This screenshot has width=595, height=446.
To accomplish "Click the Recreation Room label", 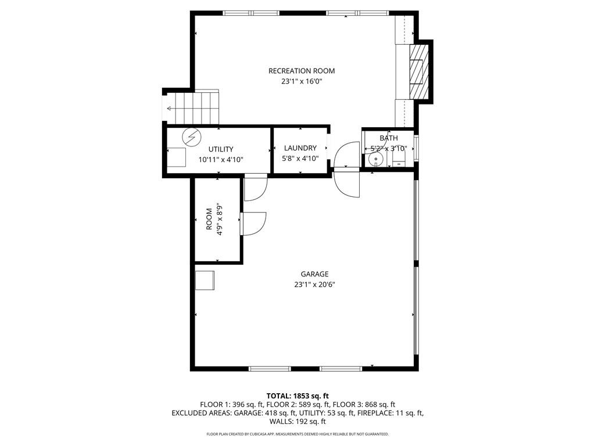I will pos(302,71).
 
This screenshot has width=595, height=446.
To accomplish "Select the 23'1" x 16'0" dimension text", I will pos(302,82).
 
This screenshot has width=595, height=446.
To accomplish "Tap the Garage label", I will pos(314,274).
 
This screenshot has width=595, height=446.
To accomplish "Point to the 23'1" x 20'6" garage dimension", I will pos(314,285).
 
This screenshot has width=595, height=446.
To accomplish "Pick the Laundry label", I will pos(300,148).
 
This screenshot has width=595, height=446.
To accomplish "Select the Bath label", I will pos(389,138).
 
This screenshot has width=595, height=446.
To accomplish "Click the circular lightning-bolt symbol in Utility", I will pos(190,137).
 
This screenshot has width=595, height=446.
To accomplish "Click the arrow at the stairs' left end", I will pos(169,109).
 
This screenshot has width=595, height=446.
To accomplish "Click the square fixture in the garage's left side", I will pos(205,280).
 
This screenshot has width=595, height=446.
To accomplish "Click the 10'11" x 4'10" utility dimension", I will pos(220,160).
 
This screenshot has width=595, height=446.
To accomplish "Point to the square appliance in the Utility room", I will pos(177,157).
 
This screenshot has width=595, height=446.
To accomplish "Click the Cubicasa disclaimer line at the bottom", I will pos(297,434).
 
